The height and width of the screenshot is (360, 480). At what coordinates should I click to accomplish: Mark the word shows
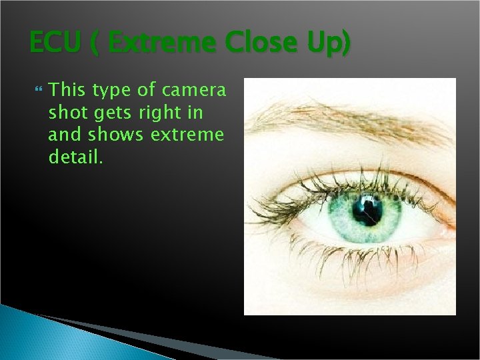click(115, 135)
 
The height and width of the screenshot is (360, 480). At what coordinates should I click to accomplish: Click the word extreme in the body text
click(187, 135)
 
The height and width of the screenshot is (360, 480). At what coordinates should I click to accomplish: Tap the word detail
click(75, 158)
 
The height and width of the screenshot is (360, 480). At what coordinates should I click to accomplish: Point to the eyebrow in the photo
click(347, 120)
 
